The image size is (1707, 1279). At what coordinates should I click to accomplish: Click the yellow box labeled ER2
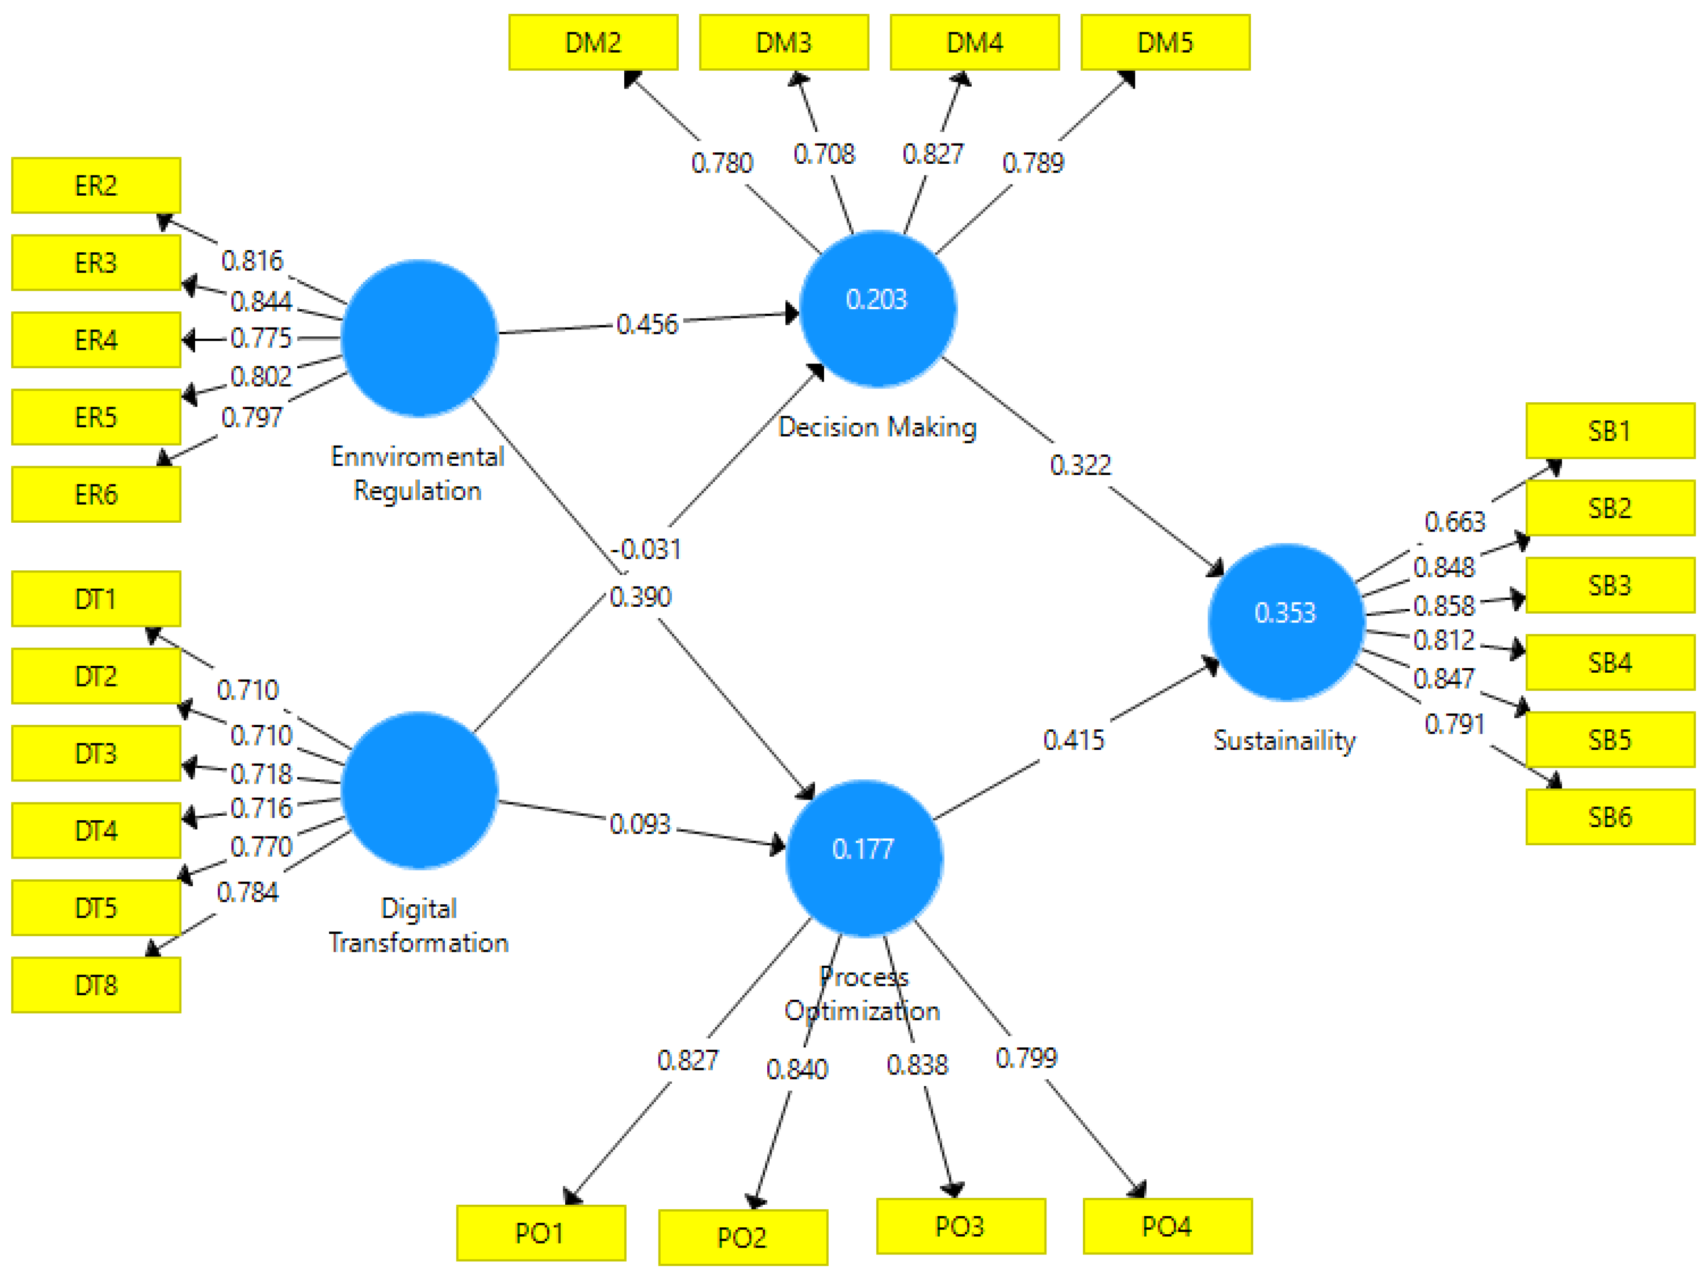click(96, 185)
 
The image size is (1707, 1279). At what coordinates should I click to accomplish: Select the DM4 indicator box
click(974, 42)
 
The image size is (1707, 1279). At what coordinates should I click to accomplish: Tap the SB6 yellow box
click(1609, 817)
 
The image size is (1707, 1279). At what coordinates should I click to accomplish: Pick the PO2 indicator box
click(742, 1237)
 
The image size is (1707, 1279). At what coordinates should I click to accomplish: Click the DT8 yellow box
click(96, 985)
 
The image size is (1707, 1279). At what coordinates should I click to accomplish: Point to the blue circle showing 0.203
click(877, 309)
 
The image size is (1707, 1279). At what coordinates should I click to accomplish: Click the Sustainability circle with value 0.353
click(1286, 622)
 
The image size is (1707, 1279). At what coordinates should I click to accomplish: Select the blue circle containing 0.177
click(864, 858)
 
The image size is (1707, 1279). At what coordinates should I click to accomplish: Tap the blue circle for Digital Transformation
click(419, 790)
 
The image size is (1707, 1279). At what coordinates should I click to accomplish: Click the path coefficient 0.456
click(647, 324)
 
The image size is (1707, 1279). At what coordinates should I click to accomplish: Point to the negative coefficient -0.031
click(647, 550)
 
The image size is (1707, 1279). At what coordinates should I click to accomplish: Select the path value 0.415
click(1073, 740)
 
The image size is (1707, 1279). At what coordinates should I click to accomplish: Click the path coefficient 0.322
click(1080, 465)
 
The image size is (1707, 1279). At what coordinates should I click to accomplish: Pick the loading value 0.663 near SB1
click(1454, 522)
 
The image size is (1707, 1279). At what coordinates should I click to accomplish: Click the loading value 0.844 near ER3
click(261, 301)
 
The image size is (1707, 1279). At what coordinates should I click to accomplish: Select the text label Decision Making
click(877, 427)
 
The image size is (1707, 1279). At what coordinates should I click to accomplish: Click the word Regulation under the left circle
click(417, 491)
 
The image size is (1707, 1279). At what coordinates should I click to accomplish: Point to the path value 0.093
click(640, 824)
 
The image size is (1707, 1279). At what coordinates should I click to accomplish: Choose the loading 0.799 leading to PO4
click(1026, 1057)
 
